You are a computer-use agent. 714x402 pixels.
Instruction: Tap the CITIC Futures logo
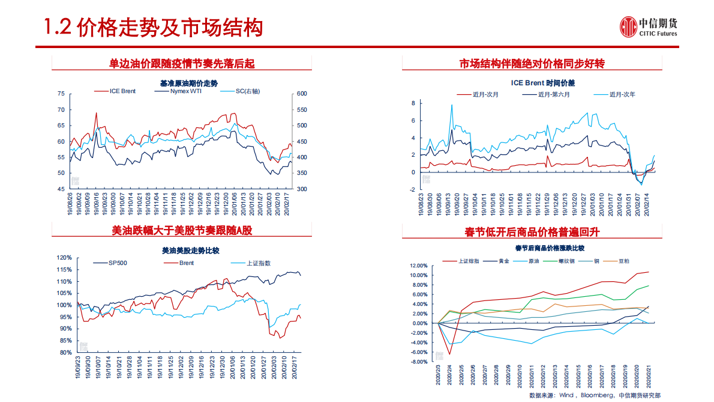(649, 27)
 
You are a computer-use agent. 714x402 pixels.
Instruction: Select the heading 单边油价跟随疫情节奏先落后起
(182, 63)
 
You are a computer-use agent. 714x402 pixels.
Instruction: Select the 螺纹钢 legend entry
(567, 261)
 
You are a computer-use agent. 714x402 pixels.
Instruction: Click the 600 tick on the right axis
(301, 94)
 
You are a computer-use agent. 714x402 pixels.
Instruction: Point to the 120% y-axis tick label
(64, 258)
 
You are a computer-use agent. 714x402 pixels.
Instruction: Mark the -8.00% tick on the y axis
(418, 362)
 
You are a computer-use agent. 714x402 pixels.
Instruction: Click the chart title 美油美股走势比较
(182, 250)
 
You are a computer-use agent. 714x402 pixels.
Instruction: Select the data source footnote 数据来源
(595, 395)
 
